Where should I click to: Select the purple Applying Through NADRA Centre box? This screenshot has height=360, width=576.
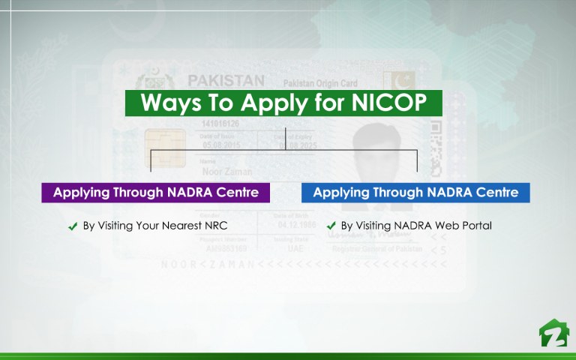(x=156, y=192)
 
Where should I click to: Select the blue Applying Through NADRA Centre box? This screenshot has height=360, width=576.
(x=415, y=192)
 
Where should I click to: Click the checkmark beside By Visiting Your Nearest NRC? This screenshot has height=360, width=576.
(x=73, y=226)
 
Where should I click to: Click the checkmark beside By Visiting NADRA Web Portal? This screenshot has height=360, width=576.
(x=331, y=226)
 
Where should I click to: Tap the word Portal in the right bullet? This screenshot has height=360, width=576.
(x=475, y=226)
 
